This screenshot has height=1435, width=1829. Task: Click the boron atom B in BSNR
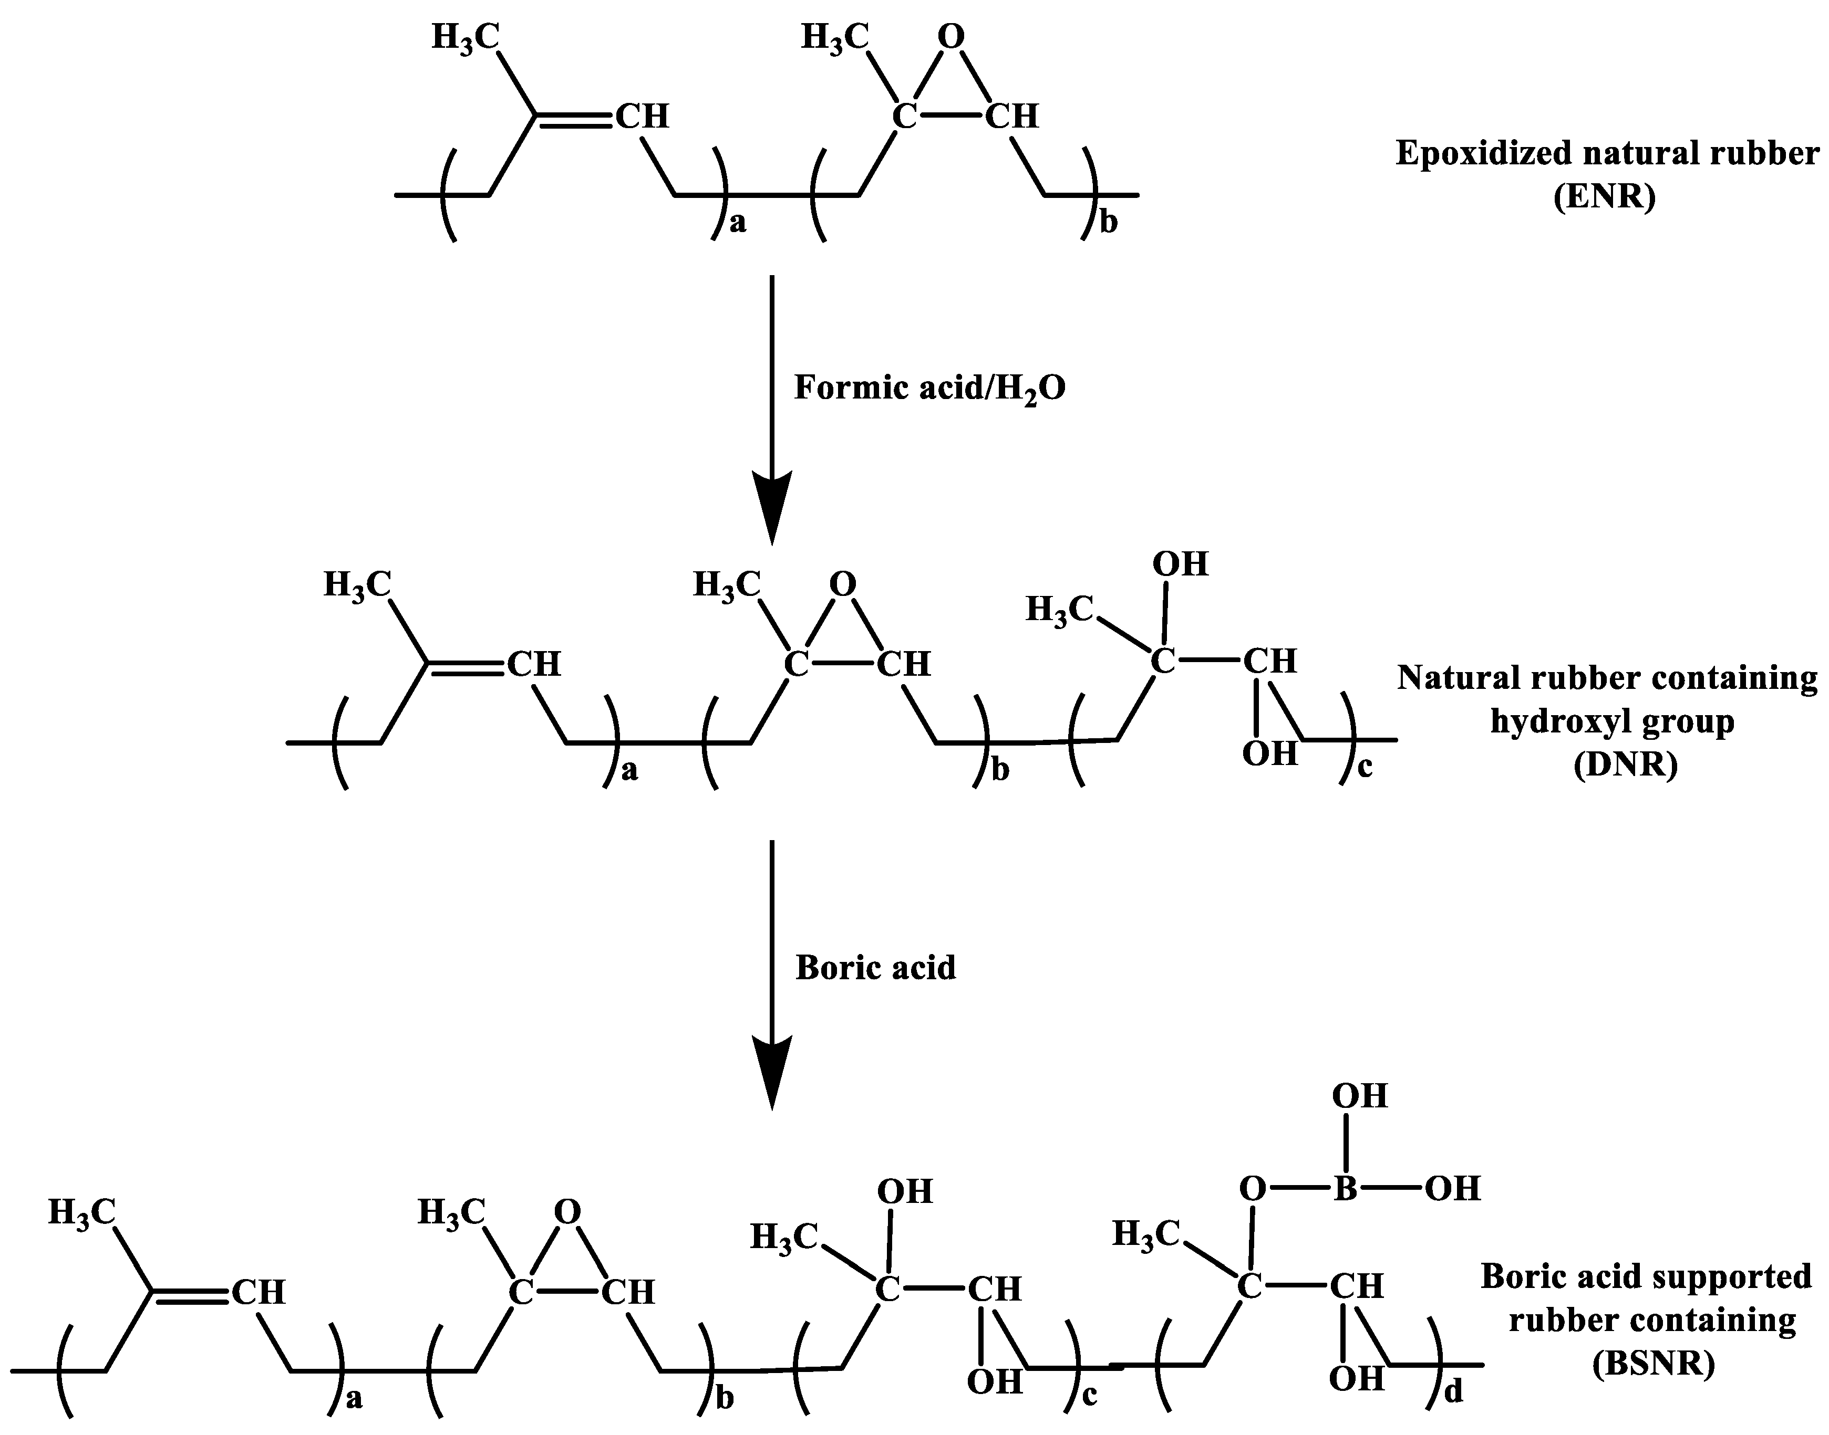point(1345,1189)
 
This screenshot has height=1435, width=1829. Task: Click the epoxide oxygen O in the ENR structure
point(950,37)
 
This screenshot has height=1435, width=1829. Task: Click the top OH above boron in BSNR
point(1359,1096)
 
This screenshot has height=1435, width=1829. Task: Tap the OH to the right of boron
point(1452,1189)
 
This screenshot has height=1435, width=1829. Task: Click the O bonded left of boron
point(1253,1189)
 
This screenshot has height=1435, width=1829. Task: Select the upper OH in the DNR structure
point(1180,564)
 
